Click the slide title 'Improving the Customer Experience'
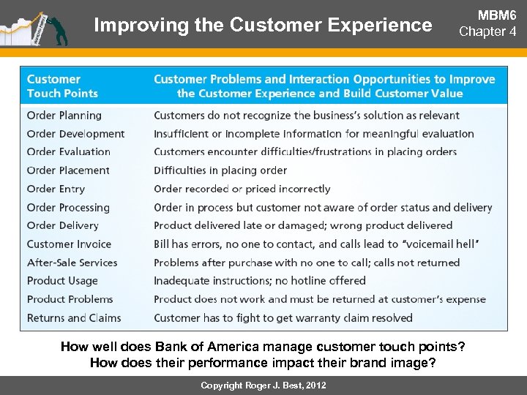[x=263, y=25]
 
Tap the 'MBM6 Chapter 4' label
[x=487, y=24]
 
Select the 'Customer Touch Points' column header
[x=62, y=86]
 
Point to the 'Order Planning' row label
[x=64, y=116]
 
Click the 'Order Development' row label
[x=75, y=134]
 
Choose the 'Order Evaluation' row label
[x=69, y=152]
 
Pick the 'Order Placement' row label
[x=68, y=170]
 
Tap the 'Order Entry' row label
[x=56, y=189]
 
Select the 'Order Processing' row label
[x=68, y=208]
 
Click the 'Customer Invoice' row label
[x=69, y=244]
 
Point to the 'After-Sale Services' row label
[x=72, y=263]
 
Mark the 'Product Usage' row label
[x=62, y=281]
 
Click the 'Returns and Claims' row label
[x=74, y=318]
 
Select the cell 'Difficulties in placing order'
[x=220, y=170]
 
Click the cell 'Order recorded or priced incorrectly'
[x=242, y=189]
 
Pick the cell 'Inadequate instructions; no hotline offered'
[x=260, y=281]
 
